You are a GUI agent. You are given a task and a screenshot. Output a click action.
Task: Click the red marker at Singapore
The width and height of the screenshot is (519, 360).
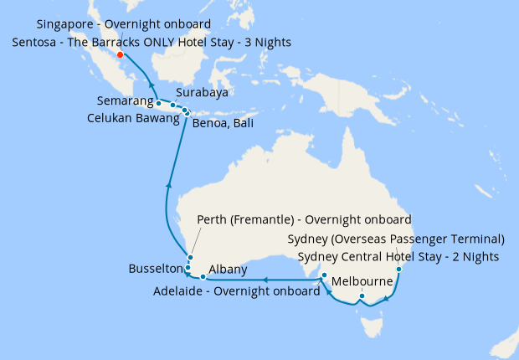121,55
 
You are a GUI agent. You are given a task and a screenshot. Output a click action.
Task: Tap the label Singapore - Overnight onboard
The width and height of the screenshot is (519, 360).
124,23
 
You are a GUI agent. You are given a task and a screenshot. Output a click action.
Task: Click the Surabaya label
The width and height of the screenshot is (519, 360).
203,93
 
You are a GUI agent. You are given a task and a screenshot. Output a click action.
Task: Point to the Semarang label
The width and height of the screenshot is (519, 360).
124,105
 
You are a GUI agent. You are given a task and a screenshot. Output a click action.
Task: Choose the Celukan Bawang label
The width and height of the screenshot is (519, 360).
134,119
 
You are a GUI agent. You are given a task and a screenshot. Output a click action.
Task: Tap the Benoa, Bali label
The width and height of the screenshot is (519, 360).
223,124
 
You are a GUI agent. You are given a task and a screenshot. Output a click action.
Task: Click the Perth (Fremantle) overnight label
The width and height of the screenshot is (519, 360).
304,220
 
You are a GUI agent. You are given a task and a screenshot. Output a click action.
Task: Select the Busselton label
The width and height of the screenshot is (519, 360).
155,269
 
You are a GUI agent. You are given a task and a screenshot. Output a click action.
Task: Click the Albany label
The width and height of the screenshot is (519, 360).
228,269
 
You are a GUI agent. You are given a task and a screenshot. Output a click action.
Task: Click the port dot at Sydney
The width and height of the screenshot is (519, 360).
400,270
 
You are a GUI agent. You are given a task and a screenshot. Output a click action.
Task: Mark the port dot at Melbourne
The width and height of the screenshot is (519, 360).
362,296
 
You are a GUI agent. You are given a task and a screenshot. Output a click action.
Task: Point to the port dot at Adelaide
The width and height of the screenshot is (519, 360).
324,275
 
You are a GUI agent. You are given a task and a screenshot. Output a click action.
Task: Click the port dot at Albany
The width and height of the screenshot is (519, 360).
203,277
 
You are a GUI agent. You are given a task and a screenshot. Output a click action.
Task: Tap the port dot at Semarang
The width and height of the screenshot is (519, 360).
158,104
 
